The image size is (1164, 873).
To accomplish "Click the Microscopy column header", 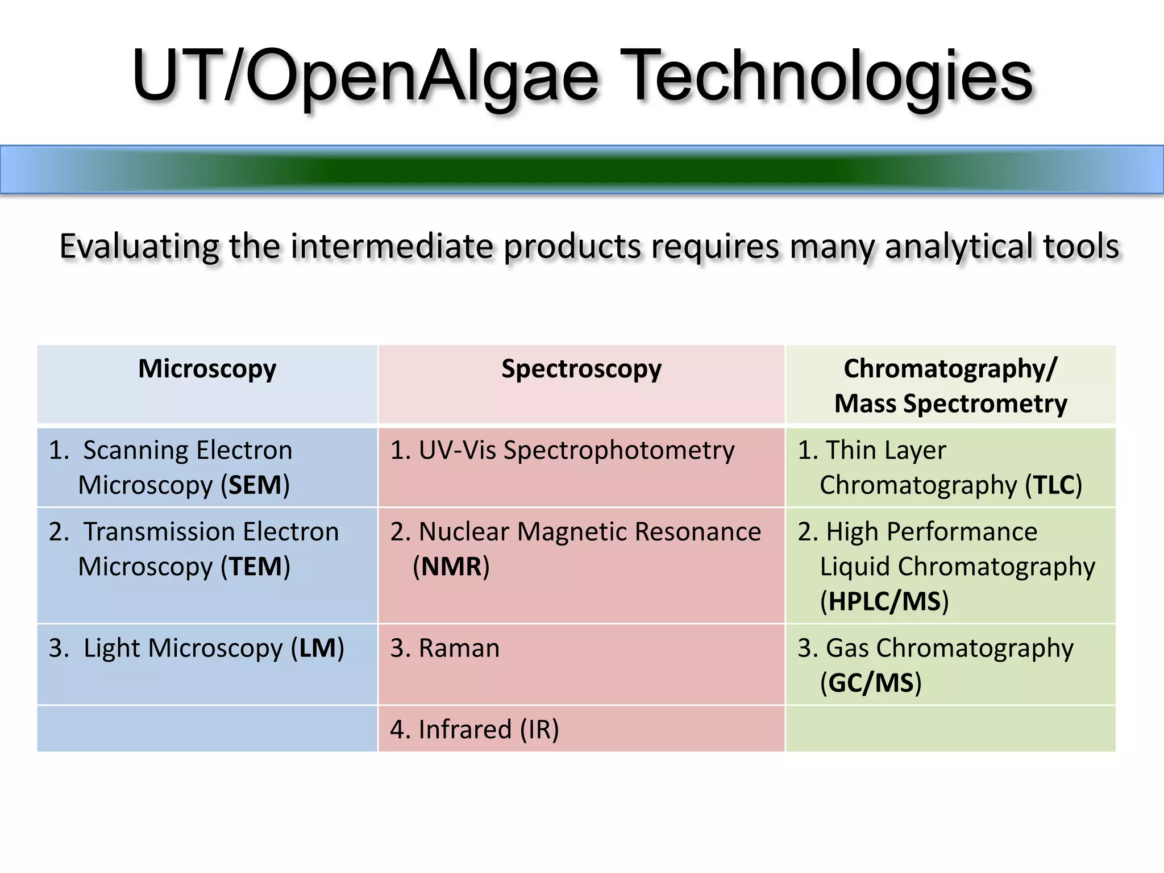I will pyautogui.click(x=207, y=369).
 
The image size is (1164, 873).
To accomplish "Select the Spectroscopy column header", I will pyautogui.click(x=581, y=369).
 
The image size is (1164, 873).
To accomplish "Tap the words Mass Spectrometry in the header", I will pyautogui.click(x=950, y=404).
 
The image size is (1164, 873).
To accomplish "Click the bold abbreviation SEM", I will pyautogui.click(x=255, y=485).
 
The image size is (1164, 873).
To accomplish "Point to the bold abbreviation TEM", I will pyautogui.click(x=255, y=567).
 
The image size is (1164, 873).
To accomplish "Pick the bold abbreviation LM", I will pyautogui.click(x=317, y=648).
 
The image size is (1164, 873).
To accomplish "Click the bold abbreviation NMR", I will pyautogui.click(x=451, y=567).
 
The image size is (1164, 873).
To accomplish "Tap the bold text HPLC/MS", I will pyautogui.click(x=884, y=602).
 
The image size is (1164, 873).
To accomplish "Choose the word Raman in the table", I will pyautogui.click(x=459, y=648).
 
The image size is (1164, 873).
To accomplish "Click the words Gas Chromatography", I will pyautogui.click(x=949, y=648).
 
